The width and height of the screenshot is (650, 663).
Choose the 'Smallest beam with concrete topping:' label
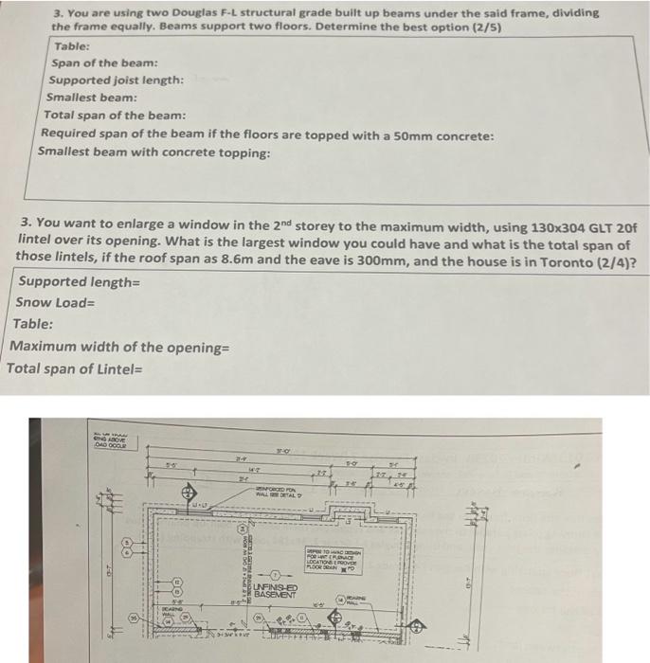pyautogui.click(x=153, y=152)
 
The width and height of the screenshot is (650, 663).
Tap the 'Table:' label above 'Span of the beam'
pyautogui.click(x=72, y=46)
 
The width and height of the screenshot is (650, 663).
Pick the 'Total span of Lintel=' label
pyautogui.click(x=75, y=367)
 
